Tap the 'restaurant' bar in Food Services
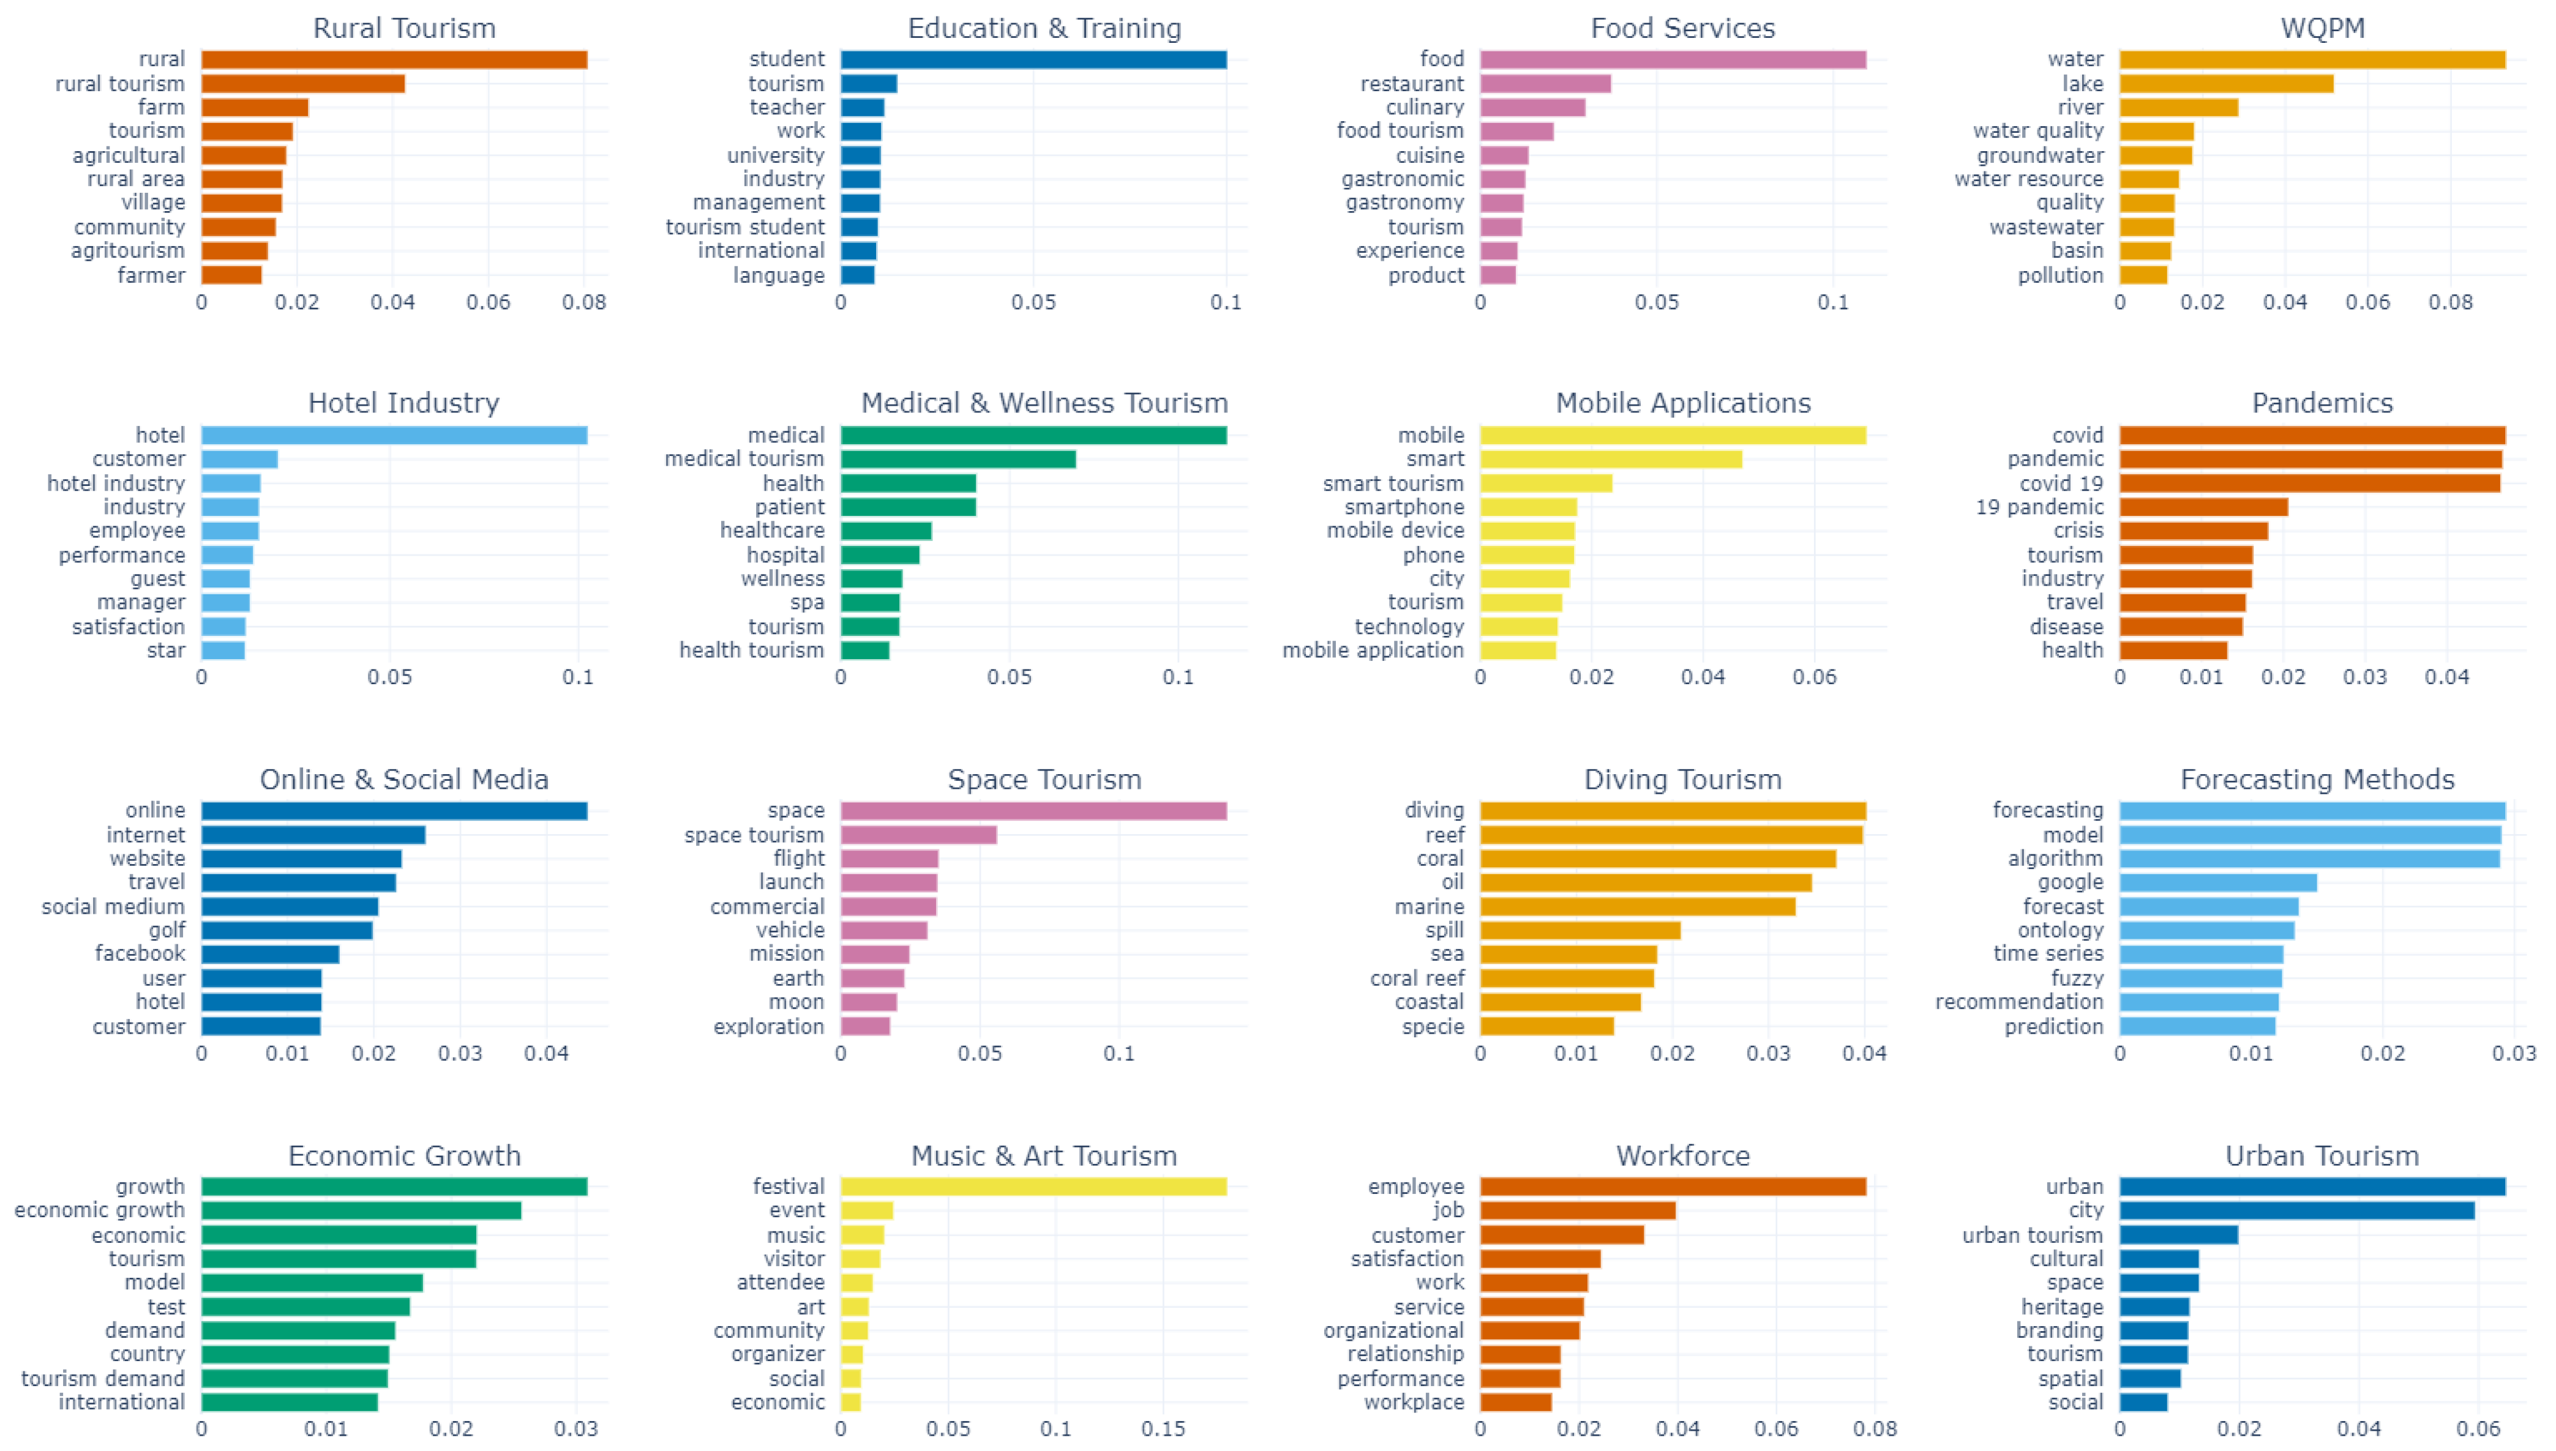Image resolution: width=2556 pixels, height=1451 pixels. tap(1545, 84)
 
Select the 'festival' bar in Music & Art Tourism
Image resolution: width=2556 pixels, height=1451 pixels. tap(1033, 1187)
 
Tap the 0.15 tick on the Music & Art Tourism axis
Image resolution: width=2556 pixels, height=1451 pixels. tap(1163, 1428)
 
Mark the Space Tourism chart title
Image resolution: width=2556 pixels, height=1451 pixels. tap(1044, 779)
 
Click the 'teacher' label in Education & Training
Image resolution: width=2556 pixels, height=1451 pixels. tap(787, 106)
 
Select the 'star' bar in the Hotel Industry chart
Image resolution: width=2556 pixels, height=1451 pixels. tap(223, 651)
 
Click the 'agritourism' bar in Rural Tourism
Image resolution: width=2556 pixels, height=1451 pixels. tap(234, 251)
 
